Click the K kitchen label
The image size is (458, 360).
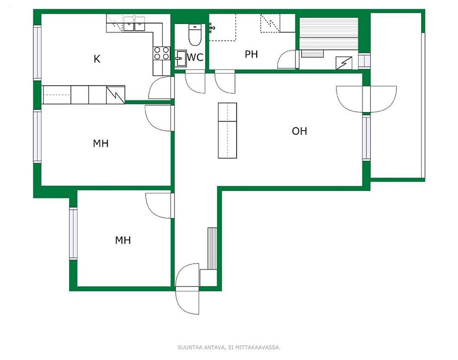[x=97, y=59]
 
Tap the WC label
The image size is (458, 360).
[x=195, y=57]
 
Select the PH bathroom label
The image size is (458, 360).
[x=251, y=54]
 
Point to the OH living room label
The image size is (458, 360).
[x=299, y=131]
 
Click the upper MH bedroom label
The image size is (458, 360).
[x=101, y=144]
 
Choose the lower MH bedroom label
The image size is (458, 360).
[x=123, y=240]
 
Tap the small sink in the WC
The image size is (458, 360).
[x=181, y=58]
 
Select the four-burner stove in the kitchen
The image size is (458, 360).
[x=162, y=53]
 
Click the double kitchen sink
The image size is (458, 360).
[x=134, y=24]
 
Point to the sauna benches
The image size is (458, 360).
[x=329, y=34]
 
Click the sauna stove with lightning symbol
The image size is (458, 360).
[x=344, y=63]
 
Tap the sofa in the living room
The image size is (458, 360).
[x=227, y=130]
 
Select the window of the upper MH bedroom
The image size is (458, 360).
[x=37, y=136]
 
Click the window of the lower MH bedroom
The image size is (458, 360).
[x=73, y=234]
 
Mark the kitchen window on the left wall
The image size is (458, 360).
[x=37, y=53]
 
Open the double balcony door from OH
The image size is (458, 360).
[x=366, y=99]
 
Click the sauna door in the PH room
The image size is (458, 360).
[x=288, y=60]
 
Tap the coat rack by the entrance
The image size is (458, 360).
[x=212, y=248]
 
